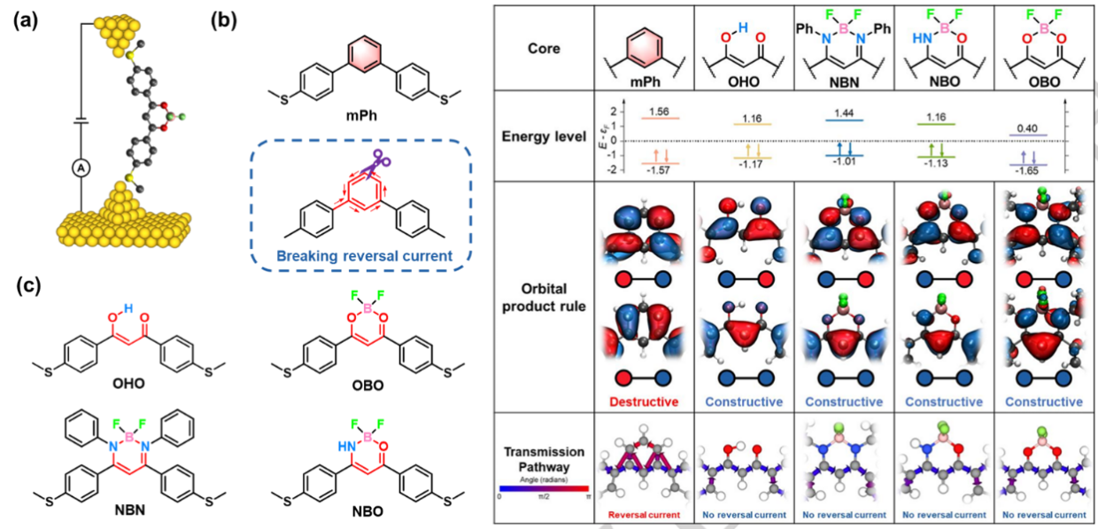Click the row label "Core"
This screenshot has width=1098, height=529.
point(543,48)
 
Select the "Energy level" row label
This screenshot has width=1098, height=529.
point(543,136)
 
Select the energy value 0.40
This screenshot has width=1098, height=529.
point(1026,128)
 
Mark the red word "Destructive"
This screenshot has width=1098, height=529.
point(645,401)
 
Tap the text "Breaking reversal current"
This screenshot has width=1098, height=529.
point(364,256)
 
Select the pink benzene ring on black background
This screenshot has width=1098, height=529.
point(366,55)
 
